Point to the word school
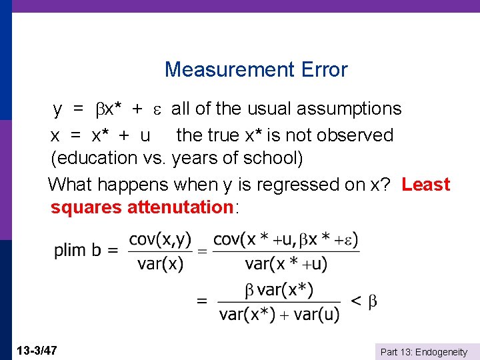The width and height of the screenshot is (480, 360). point(273,159)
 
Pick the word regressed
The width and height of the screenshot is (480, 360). point(281,185)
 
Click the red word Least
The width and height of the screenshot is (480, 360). point(426,185)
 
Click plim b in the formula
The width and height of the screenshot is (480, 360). point(78,251)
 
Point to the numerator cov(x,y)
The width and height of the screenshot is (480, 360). point(160,239)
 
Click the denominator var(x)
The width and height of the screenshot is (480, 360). point(160,263)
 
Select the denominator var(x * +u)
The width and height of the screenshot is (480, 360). point(287,263)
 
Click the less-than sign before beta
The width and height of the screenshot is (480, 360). point(356,301)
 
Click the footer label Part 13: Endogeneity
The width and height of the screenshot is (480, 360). point(423,352)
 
